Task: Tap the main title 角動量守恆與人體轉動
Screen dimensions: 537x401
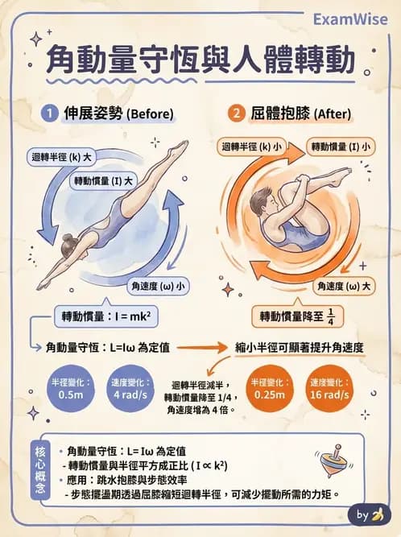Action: [x=200, y=61]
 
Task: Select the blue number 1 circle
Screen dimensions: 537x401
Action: [x=48, y=113]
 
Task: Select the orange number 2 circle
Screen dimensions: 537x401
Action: [x=236, y=113]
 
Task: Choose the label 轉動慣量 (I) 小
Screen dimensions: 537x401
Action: [x=340, y=147]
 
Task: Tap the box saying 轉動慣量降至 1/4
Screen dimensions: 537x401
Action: [x=294, y=316]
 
